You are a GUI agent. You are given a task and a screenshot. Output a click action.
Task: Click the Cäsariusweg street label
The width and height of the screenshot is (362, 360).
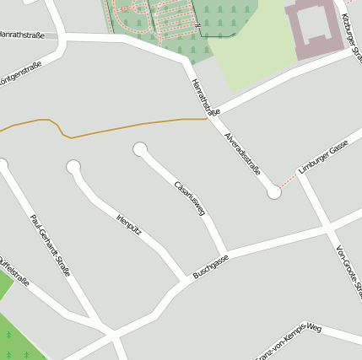[190, 198]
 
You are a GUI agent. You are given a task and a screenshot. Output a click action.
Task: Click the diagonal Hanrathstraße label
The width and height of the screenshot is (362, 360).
[205, 97]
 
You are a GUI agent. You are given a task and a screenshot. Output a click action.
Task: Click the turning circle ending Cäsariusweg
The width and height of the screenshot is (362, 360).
[140, 150]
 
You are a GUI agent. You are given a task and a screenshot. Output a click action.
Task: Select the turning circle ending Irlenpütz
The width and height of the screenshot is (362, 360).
[73, 167]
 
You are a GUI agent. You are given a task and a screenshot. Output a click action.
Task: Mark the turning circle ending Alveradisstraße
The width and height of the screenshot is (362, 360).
[273, 193]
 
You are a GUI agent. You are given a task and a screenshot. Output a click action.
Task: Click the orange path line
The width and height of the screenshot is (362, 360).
[127, 126]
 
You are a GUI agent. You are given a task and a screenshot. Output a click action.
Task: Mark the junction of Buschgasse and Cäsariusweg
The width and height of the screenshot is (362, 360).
[226, 254]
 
